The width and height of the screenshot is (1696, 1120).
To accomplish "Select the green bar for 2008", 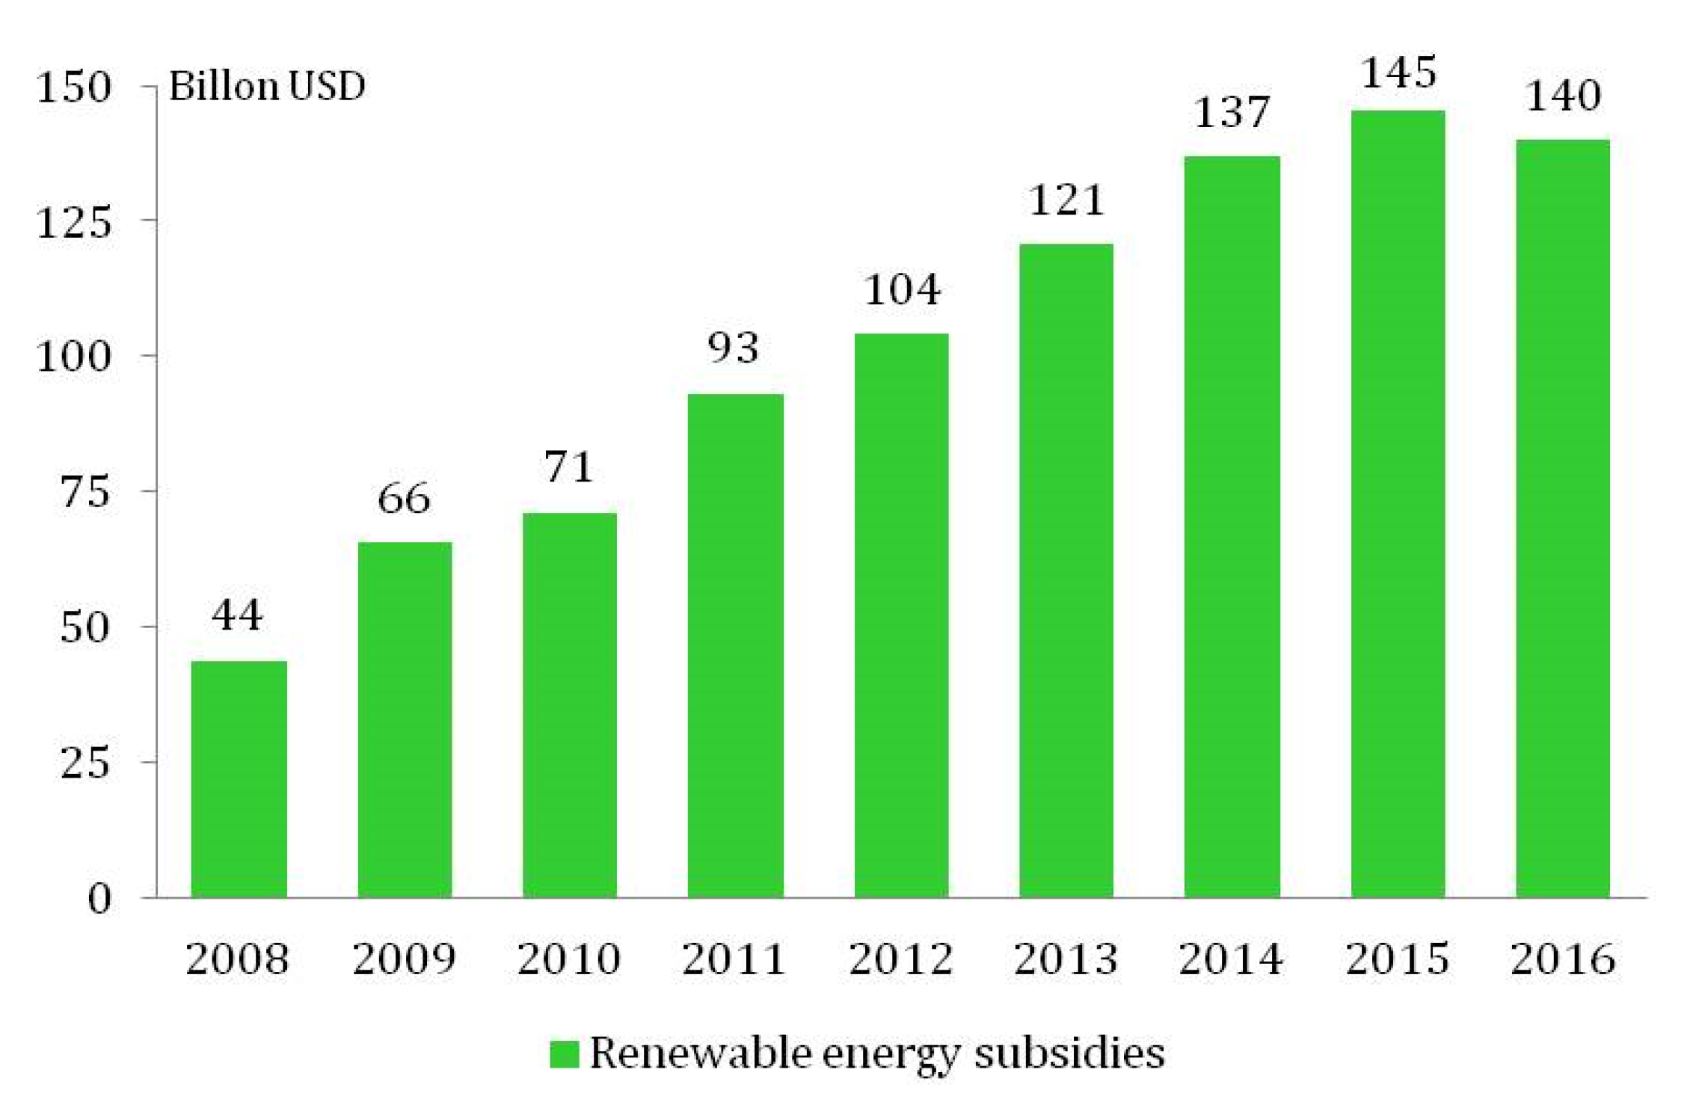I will click(239, 779).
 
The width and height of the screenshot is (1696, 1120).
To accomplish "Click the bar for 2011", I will click(735, 645).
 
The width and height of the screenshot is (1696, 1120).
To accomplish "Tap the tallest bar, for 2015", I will click(1397, 504).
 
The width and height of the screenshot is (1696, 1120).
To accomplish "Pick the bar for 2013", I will click(1066, 570).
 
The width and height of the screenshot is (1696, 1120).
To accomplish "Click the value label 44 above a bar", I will click(237, 616).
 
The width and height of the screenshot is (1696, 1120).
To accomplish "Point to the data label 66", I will click(404, 498).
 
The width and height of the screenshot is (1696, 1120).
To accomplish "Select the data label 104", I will click(901, 290).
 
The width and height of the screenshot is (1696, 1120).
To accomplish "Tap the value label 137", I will click(1232, 113).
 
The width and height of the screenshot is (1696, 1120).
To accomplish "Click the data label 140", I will click(1563, 96).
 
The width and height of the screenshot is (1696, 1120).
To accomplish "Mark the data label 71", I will click(569, 467).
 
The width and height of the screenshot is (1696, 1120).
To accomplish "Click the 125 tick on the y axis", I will click(74, 222).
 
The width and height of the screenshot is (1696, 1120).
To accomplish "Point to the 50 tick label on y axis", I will click(85, 627).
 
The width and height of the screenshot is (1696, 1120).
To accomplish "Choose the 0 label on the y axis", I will click(99, 897).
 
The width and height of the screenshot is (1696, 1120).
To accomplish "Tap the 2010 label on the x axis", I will click(569, 959).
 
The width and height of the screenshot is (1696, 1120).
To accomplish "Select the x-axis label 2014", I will click(1231, 959).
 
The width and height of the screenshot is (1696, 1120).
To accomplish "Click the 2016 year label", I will click(1563, 959).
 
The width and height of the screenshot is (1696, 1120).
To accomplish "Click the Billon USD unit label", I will click(267, 86).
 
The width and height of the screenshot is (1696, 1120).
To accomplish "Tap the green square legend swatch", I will click(564, 1054).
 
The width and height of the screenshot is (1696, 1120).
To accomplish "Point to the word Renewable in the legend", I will click(701, 1053).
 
